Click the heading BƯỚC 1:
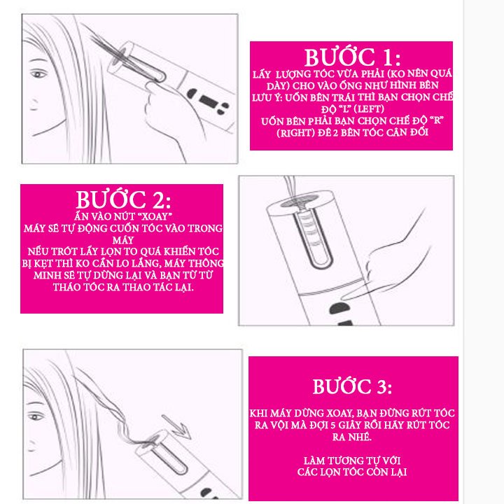tap(352, 57)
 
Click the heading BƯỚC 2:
tap(123, 199)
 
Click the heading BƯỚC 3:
tap(352, 386)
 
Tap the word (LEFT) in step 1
tap(368, 109)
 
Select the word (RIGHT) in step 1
tap(295, 133)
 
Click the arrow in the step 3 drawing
tap(177, 427)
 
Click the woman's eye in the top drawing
tap(38, 75)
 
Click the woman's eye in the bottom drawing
tap(36, 417)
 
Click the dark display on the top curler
tap(209, 101)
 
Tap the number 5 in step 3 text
tap(333, 426)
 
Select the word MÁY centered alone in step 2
tap(123, 240)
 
